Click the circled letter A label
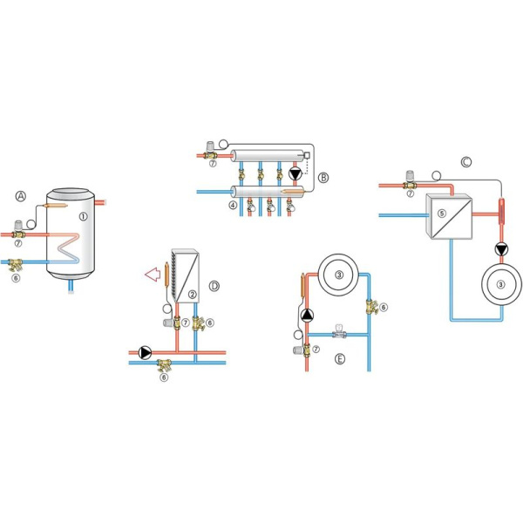tap(21, 196)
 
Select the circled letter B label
tap(323, 178)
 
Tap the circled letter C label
tap(466, 162)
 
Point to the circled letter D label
tap(214, 286)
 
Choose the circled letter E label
tap(340, 359)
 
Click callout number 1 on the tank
tap(83, 216)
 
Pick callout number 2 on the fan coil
tap(192, 295)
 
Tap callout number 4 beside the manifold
tap(233, 205)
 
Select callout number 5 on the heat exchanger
tap(442, 214)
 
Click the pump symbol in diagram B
tap(295, 174)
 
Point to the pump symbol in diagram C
tap(501, 249)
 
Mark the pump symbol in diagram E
tap(307, 316)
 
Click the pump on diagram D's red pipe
tap(145, 352)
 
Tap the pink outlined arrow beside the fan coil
tap(153, 275)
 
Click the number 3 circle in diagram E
tap(339, 275)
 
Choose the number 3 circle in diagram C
tap(500, 284)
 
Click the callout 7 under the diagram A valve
tap(18, 244)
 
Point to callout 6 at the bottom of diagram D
tap(164, 377)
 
